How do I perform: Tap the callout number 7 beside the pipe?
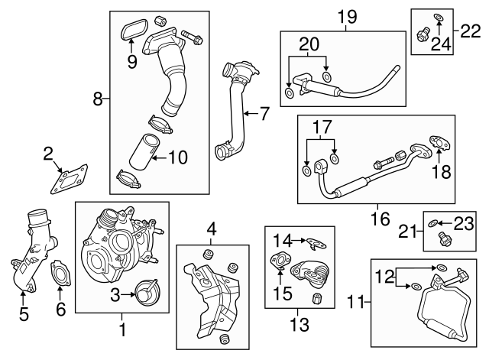click(x=264, y=115)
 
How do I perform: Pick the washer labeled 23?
click(x=434, y=224)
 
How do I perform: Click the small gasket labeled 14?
click(x=313, y=242)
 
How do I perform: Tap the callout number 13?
click(x=299, y=325)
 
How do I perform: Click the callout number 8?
click(x=98, y=97)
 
